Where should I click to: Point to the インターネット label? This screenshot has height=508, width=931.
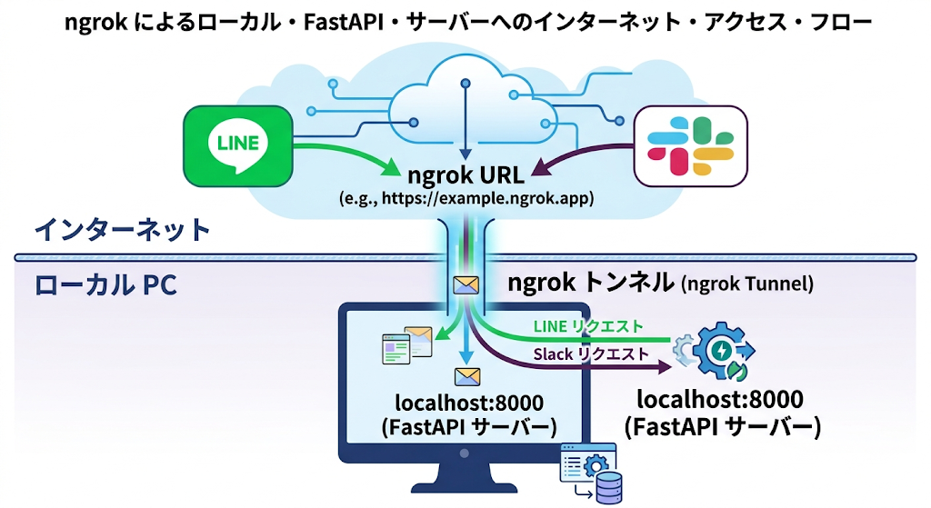(122, 228)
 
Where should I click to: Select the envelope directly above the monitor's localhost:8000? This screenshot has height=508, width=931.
(466, 375)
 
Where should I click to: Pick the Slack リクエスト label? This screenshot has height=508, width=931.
(591, 354)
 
